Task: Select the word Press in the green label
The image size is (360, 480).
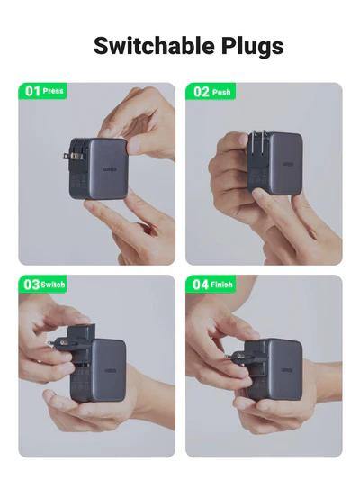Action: pyautogui.click(x=54, y=92)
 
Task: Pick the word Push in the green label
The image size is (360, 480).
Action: pyautogui.click(x=221, y=92)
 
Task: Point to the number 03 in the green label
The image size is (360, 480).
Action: pyautogui.click(x=31, y=285)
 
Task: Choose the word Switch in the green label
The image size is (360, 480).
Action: pyautogui.click(x=54, y=285)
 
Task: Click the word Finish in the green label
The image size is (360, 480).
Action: pyautogui.click(x=222, y=285)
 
